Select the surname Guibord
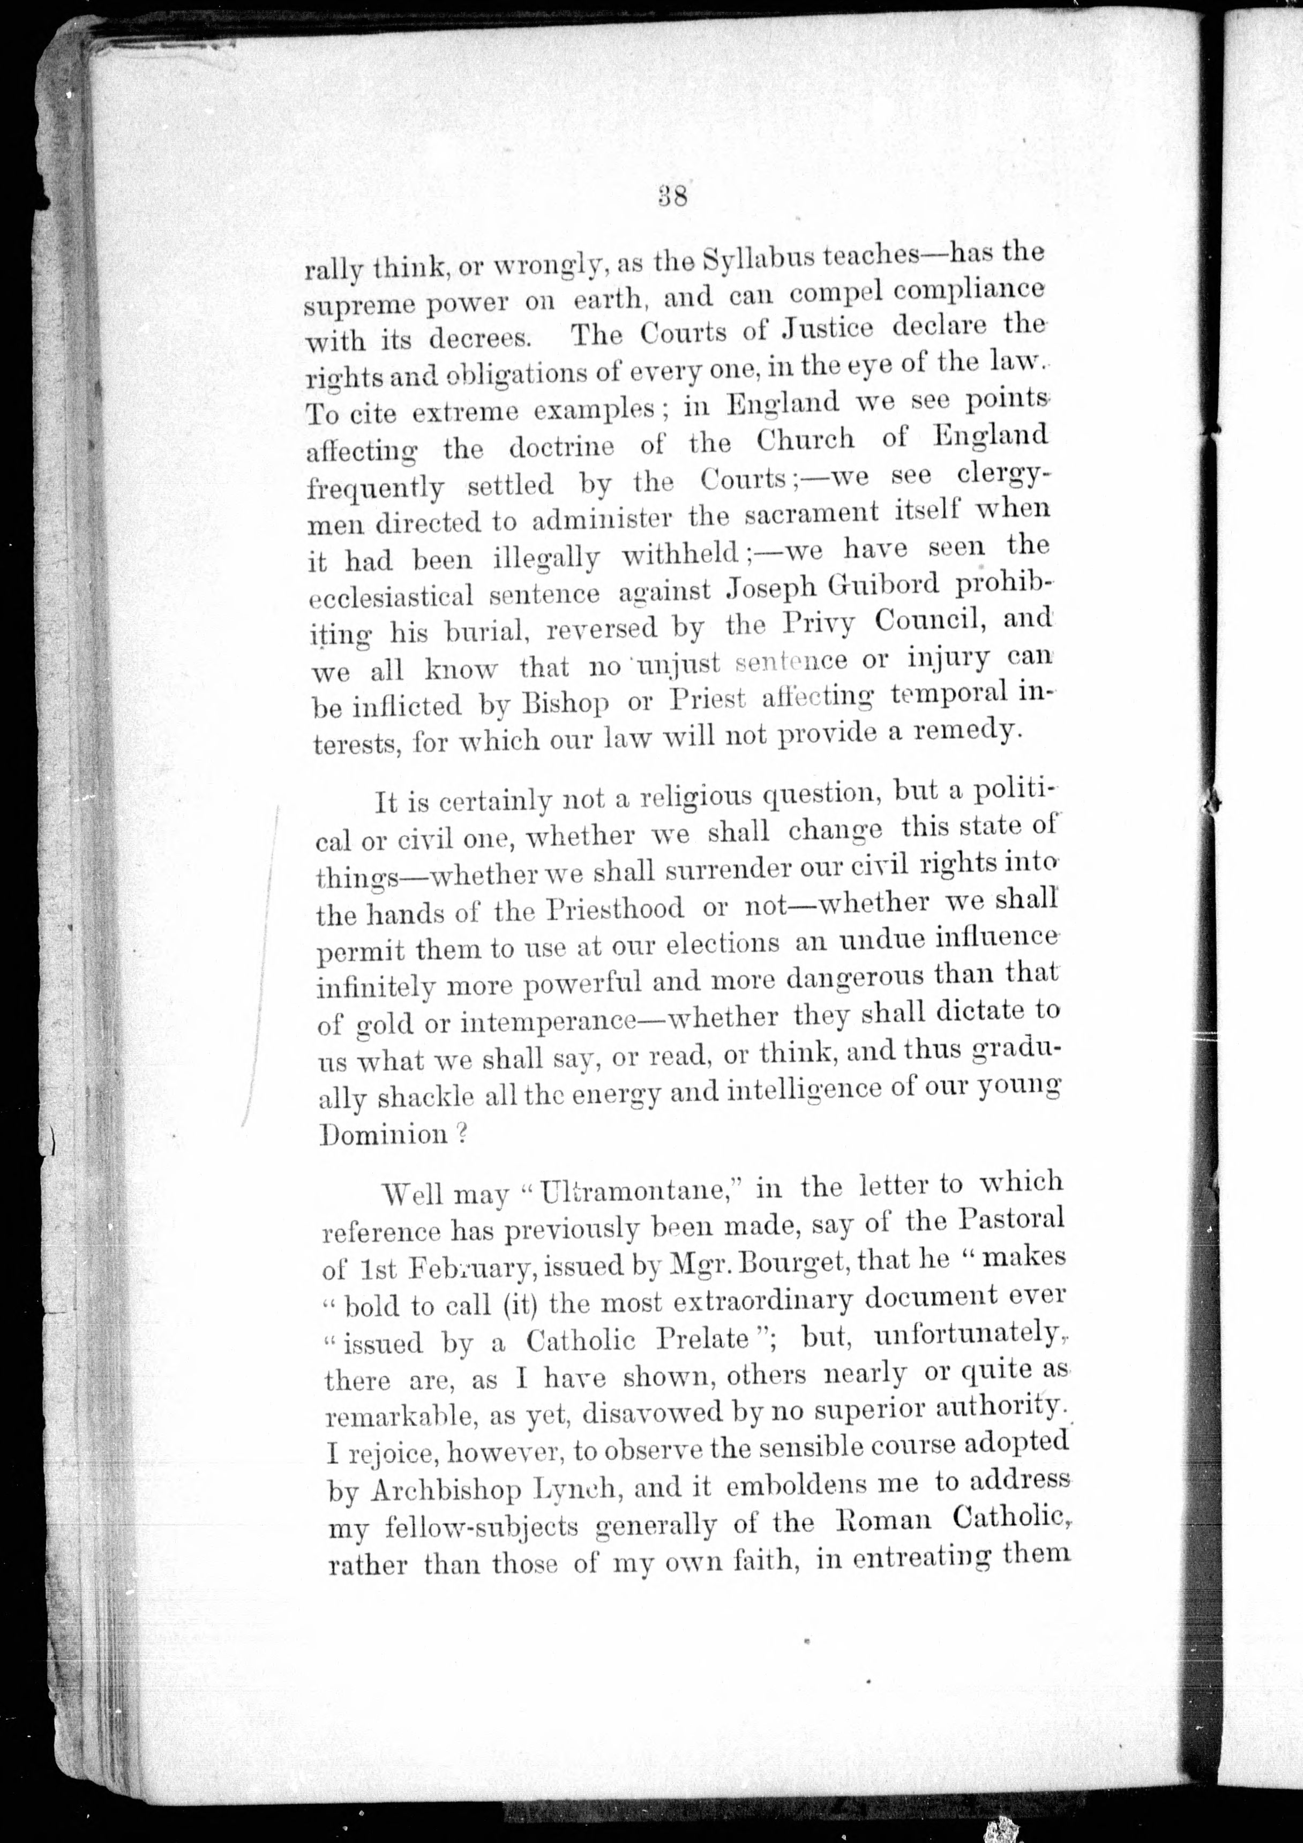coord(878,586)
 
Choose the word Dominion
coord(383,1134)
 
